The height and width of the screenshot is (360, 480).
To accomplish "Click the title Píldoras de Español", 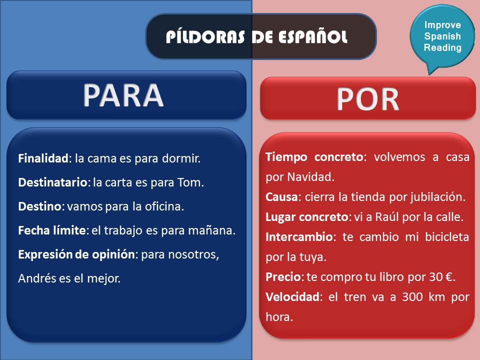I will click(256, 36).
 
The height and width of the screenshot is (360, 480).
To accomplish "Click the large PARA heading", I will click(123, 95).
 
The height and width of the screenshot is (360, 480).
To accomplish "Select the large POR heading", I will click(368, 99).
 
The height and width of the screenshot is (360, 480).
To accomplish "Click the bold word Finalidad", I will click(42, 158).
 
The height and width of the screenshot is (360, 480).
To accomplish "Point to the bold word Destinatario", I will click(52, 182).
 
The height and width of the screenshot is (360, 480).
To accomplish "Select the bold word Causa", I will click(281, 197).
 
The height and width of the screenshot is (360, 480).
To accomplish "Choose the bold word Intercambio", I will click(297, 237).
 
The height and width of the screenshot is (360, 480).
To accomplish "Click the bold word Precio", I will click(282, 277).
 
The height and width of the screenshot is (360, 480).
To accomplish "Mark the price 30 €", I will click(439, 277).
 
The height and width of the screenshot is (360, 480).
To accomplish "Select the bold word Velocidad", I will click(292, 297).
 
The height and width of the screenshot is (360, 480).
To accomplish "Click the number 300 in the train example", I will click(399, 297).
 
